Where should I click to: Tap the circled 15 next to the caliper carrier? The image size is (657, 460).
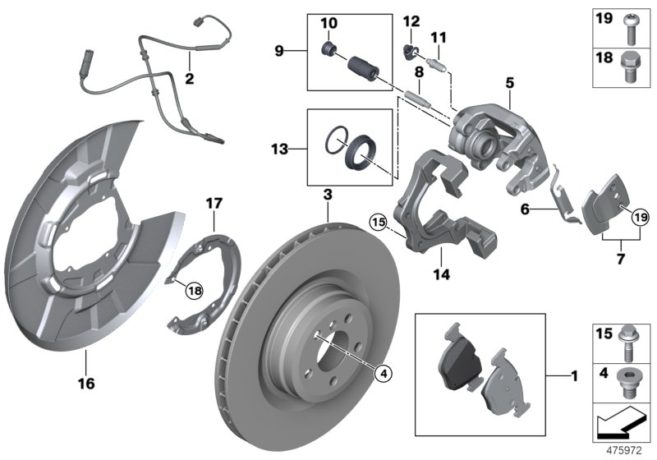[378, 221]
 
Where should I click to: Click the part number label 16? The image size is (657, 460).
[86, 384]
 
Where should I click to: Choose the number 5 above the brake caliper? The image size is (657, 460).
[509, 83]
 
